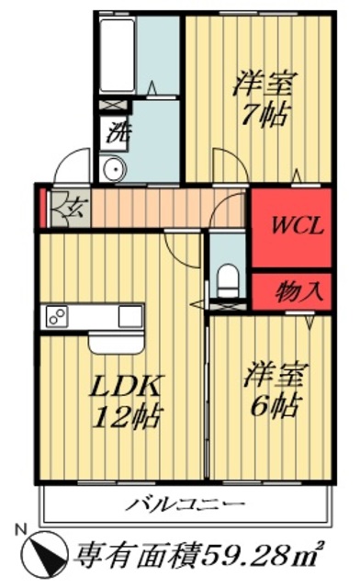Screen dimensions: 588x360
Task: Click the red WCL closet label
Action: (x=297, y=226)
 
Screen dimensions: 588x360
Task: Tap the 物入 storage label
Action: (x=299, y=292)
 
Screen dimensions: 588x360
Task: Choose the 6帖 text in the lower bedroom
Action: (x=273, y=406)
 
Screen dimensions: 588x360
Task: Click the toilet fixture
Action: (x=227, y=276)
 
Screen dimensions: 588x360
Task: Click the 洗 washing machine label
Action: (x=118, y=130)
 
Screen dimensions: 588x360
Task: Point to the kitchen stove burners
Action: (x=56, y=317)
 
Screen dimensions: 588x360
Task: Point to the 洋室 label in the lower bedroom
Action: (x=273, y=375)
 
